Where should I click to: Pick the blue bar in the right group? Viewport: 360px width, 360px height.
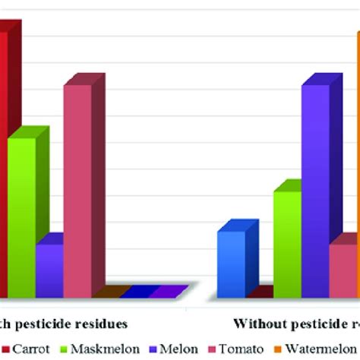[x=231, y=264]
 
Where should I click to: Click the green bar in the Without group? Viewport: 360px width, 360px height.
[x=287, y=243]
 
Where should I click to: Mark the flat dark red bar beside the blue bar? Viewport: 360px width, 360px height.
[x=260, y=292]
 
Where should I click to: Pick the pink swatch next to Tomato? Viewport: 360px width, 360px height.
[x=213, y=350]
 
